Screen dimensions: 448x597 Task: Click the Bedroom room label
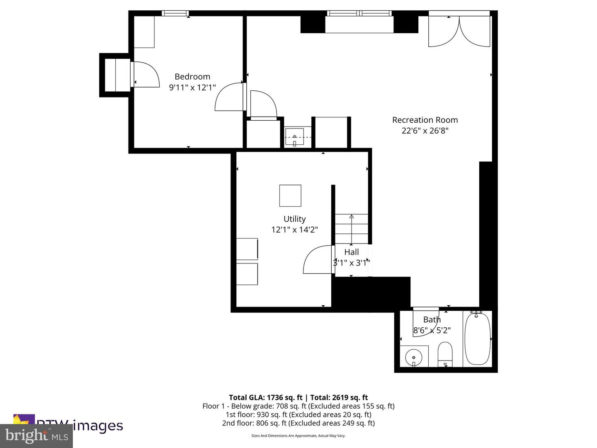click(x=192, y=76)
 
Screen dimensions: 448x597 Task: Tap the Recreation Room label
click(x=425, y=120)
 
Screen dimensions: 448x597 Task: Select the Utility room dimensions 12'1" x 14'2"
click(x=294, y=229)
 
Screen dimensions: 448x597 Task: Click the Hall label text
click(x=351, y=252)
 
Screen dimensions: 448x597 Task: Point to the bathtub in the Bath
click(x=477, y=338)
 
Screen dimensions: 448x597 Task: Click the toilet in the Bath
click(x=445, y=354)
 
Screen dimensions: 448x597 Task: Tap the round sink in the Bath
click(x=413, y=357)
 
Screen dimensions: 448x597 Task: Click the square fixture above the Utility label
click(x=290, y=195)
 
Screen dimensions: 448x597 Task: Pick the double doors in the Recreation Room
click(x=459, y=32)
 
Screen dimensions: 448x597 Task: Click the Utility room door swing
click(x=318, y=260)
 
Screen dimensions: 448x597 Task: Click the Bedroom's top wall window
click(x=175, y=13)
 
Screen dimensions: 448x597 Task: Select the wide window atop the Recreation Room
click(x=359, y=13)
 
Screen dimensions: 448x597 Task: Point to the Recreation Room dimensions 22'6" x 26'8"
click(x=425, y=131)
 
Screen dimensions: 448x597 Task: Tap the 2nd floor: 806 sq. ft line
click(x=298, y=423)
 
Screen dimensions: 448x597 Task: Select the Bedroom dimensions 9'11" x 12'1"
click(x=192, y=88)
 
